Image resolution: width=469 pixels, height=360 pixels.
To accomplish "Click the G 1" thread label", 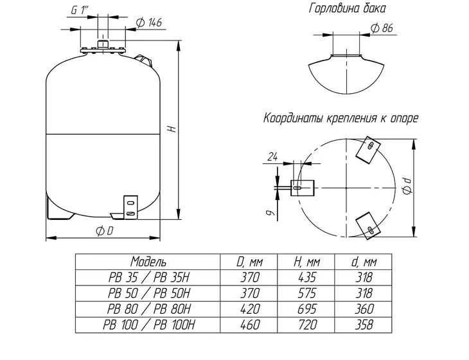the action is point(80,10).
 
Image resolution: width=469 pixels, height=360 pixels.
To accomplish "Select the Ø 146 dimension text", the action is point(148,22).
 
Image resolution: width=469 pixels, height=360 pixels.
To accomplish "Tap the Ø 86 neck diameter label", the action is point(382,28).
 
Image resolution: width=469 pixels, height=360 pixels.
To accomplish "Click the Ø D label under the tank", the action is point(104,231).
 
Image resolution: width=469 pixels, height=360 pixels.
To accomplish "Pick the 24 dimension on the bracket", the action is point(272,157).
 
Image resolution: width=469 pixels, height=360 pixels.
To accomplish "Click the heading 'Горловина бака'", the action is point(347,8).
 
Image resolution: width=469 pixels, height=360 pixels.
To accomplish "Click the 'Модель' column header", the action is point(148,262).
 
